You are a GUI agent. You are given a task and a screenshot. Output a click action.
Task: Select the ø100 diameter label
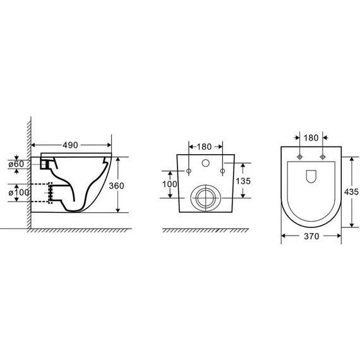tap(16, 191)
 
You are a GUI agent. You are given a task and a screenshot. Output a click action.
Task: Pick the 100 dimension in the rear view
tap(170, 183)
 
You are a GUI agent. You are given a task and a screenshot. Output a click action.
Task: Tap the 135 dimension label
tap(244, 180)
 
